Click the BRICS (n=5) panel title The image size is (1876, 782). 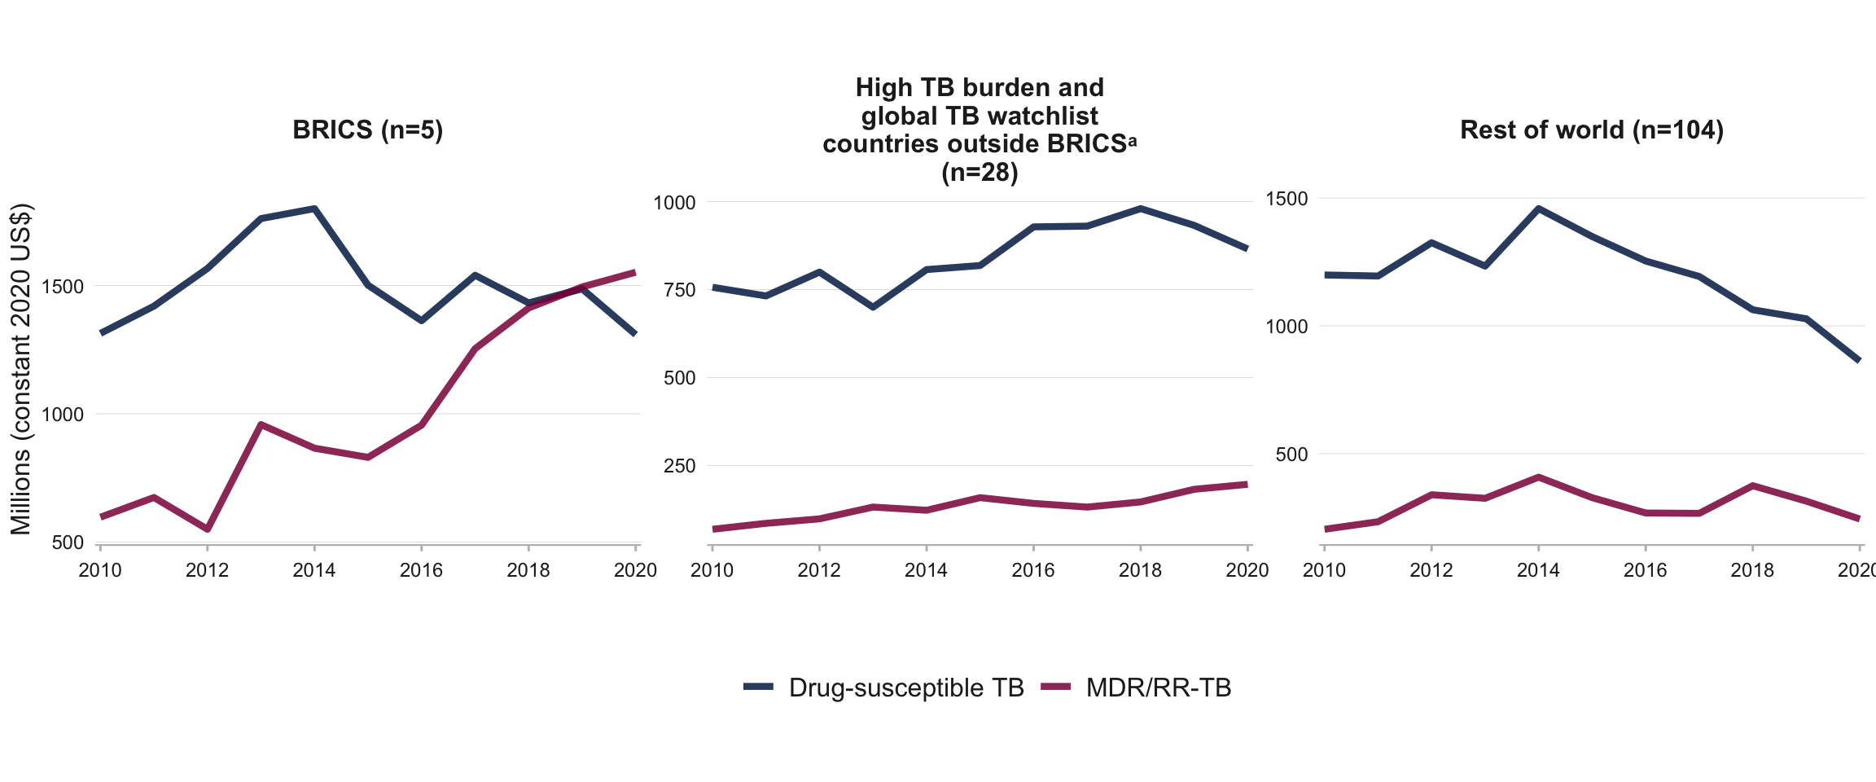[367, 130]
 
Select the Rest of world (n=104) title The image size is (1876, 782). [1591, 130]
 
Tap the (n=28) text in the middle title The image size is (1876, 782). [980, 173]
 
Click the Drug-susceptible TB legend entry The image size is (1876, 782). [905, 688]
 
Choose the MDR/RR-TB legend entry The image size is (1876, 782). [1158, 688]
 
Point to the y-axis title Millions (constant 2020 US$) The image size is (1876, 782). [21, 368]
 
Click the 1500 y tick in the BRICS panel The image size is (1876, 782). [62, 287]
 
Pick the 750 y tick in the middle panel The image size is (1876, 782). [674, 290]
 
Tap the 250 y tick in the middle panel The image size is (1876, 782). [674, 466]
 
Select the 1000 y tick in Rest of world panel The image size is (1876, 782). [1286, 327]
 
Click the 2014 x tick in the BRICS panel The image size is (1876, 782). [314, 570]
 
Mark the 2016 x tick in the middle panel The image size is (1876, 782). [1032, 570]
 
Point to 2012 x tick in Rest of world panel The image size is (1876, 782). [1431, 570]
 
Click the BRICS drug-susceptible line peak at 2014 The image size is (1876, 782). [314, 209]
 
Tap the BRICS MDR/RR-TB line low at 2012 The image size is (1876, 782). [208, 529]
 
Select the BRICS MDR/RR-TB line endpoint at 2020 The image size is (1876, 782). [635, 272]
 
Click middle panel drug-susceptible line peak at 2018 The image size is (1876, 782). [1140, 209]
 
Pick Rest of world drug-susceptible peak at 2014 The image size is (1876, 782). [1538, 209]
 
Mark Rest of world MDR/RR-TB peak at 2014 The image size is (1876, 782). [1538, 477]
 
